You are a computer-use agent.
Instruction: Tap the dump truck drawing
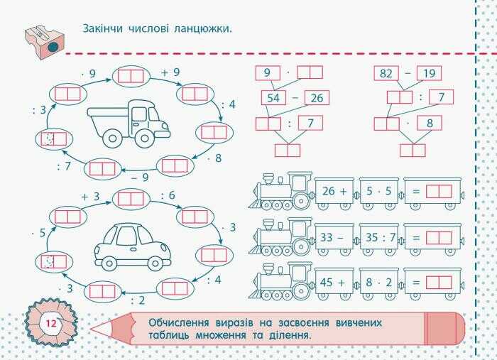click(x=129, y=122)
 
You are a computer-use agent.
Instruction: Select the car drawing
click(x=132, y=245)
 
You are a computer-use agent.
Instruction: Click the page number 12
click(x=50, y=324)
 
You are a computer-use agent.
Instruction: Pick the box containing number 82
click(x=386, y=72)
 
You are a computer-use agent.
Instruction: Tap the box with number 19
click(x=429, y=72)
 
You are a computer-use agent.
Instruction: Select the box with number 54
click(x=273, y=97)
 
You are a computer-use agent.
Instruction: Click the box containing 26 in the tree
click(x=317, y=97)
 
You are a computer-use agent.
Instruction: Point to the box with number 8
click(x=430, y=124)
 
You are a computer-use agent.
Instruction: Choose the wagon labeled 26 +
click(x=334, y=191)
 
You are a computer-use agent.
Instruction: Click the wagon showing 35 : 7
click(x=378, y=237)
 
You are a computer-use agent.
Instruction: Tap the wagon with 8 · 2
click(x=378, y=282)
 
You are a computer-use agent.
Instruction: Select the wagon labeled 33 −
click(x=334, y=237)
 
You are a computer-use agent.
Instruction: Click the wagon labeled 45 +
click(x=334, y=282)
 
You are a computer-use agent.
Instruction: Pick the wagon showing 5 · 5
click(x=378, y=191)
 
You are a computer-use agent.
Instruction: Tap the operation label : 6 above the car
click(x=168, y=195)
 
